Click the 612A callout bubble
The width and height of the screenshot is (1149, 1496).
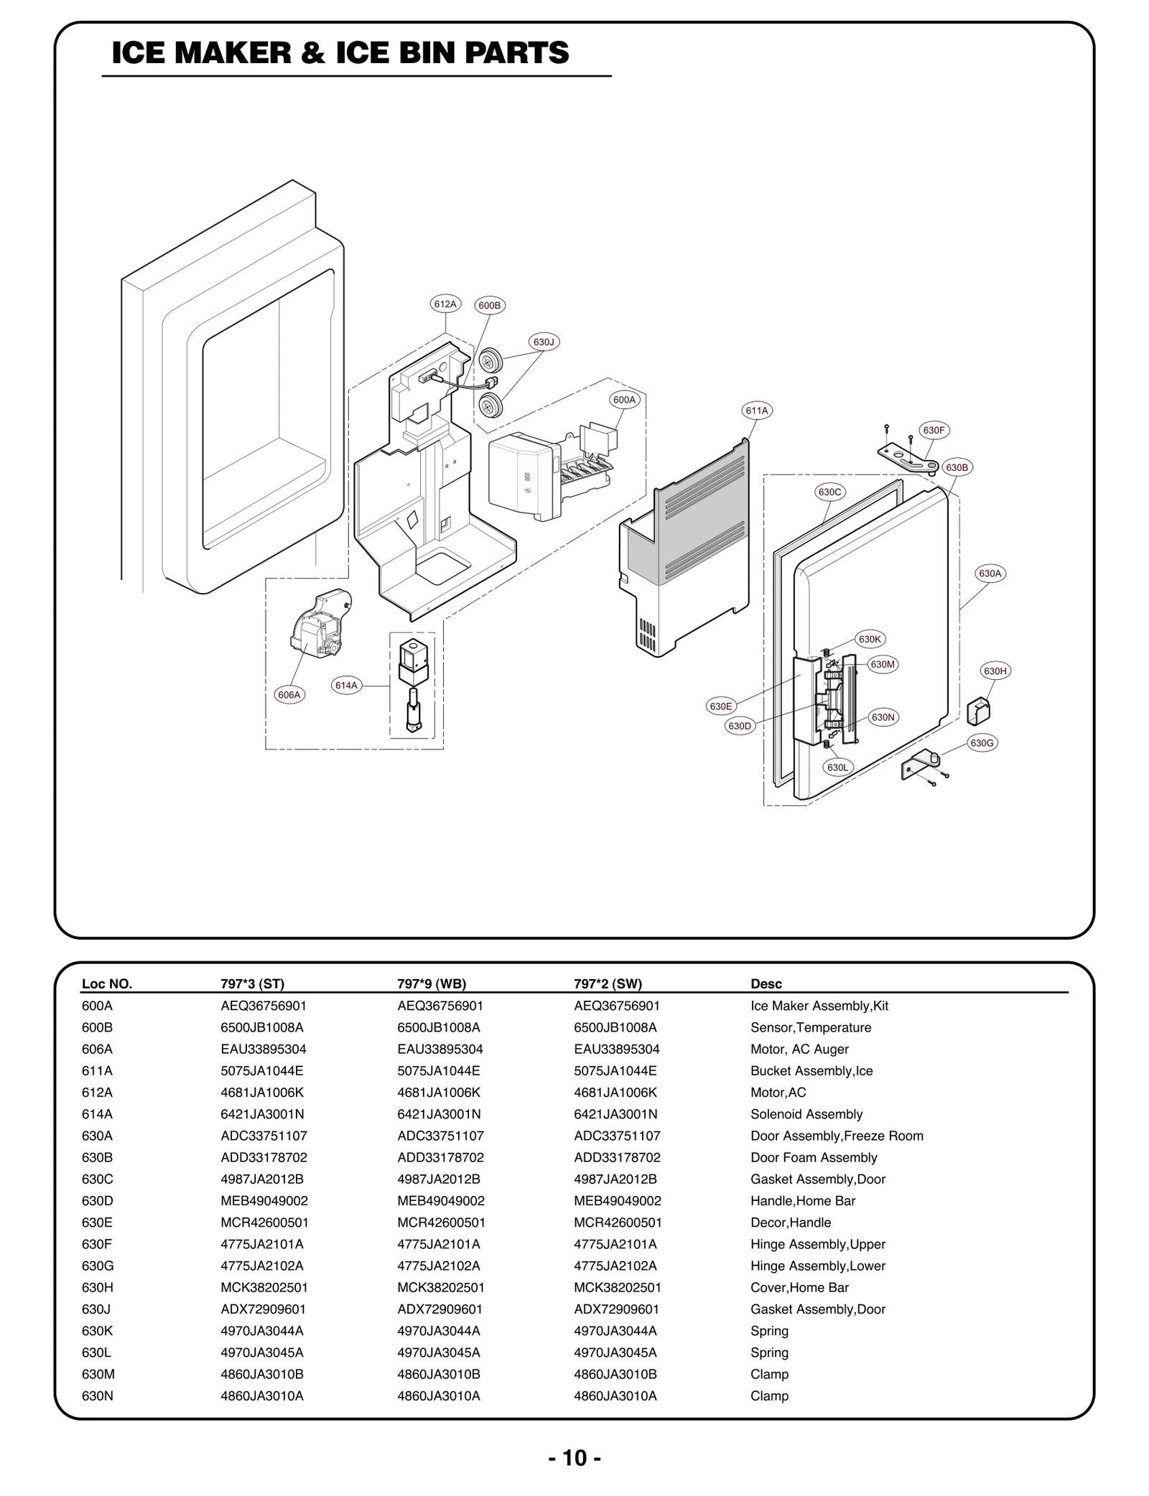tap(445, 304)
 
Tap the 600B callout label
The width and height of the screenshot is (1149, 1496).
tap(490, 305)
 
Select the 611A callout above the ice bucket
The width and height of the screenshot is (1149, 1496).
tap(757, 411)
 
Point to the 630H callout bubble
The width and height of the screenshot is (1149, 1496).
tap(995, 671)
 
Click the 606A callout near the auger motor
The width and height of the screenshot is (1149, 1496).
tap(289, 695)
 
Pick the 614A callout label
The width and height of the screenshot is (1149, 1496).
tap(346, 686)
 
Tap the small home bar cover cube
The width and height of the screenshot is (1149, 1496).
tap(978, 711)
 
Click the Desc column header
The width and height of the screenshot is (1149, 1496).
tap(766, 983)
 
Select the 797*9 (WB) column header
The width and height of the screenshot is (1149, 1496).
tap(432, 983)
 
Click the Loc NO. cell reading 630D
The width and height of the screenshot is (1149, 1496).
tap(98, 1201)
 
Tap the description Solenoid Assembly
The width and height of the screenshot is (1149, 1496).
tap(806, 1114)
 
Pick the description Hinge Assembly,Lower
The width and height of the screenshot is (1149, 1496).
tap(817, 1266)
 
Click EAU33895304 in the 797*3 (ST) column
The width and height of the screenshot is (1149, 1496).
tap(264, 1049)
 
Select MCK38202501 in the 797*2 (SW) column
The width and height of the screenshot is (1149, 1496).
tap(617, 1287)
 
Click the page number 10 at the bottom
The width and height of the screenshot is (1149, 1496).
tap(574, 1458)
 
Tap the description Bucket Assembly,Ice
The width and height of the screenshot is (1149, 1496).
tap(811, 1070)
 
